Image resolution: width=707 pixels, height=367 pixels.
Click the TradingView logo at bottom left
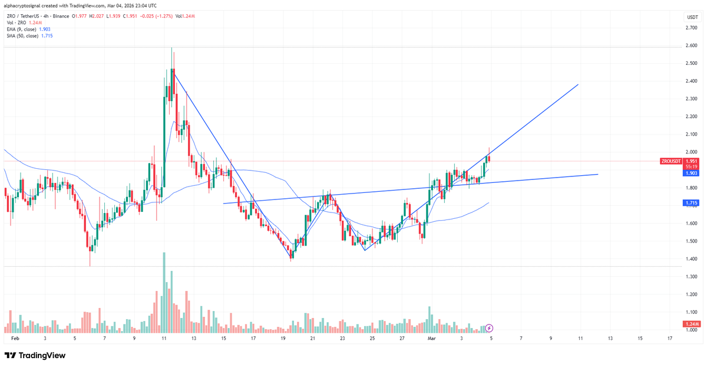tap(35, 355)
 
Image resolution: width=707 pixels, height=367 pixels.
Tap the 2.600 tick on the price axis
tap(692, 45)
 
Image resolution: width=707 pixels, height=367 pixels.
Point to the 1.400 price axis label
tap(692, 258)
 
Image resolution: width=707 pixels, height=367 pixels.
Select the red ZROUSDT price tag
tap(671, 161)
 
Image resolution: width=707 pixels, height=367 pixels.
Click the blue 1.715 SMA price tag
tap(691, 203)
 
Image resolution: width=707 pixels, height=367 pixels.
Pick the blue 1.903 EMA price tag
tap(691, 173)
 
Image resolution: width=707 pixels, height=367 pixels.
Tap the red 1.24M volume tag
tap(691, 324)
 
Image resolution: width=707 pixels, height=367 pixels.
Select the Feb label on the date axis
tap(15, 339)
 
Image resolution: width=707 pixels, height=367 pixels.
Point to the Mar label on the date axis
tap(431, 339)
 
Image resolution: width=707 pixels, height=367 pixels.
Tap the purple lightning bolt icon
tap(489, 327)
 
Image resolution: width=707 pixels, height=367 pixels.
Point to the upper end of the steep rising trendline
tap(578, 85)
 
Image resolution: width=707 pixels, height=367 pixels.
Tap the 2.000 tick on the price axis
tap(692, 152)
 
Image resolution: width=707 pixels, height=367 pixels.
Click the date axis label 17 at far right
tap(670, 339)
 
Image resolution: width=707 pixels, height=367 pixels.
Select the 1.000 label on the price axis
tap(692, 330)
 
